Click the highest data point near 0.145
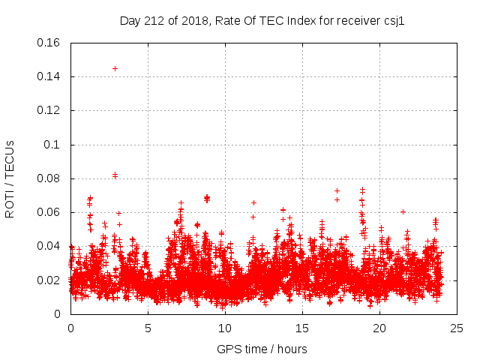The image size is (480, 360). tap(115, 68)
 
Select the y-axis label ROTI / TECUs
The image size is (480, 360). tap(10, 178)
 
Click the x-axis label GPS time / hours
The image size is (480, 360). tap(262, 349)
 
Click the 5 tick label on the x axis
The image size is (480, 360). tap(148, 328)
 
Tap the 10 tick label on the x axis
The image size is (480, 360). tap(225, 328)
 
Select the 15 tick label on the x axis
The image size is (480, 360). tap(302, 328)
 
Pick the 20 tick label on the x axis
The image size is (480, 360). tap(379, 328)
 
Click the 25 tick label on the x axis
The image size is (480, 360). tap(457, 328)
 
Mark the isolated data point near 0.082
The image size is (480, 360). tap(115, 175)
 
